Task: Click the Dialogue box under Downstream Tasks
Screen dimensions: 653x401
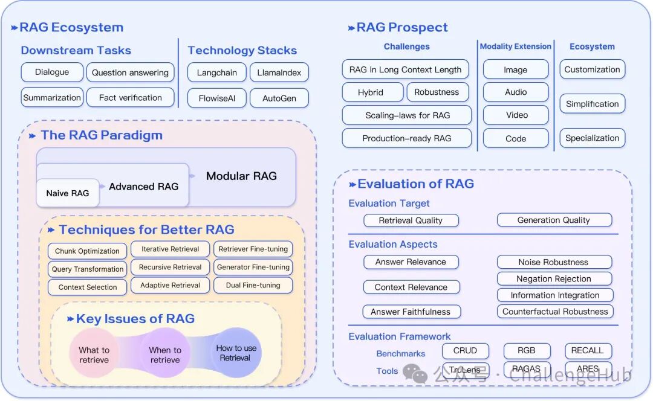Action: pos(52,72)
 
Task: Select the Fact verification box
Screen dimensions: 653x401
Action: pos(131,98)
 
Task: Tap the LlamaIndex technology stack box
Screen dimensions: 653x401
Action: pos(279,73)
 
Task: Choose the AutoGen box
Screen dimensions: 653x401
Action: pos(279,98)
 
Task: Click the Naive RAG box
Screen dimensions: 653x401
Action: pos(68,193)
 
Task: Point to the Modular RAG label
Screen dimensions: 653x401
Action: pos(241,176)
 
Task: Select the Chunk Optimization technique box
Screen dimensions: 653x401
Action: pos(88,251)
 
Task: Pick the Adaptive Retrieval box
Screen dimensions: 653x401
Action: pos(170,286)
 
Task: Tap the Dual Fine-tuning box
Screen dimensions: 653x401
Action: pos(253,286)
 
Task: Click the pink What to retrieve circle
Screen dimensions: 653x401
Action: pos(94,353)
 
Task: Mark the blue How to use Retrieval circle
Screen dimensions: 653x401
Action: pos(236,353)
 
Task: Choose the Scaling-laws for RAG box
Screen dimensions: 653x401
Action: pos(407,115)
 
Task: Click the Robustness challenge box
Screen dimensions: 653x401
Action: pos(437,92)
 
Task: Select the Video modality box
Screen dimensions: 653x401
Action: pos(516,115)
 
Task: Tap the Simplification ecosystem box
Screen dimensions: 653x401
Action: pos(592,104)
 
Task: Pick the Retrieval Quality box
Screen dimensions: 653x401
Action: pos(411,220)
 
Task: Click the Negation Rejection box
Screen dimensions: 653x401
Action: pos(554,278)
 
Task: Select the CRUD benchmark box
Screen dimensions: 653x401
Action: pos(465,351)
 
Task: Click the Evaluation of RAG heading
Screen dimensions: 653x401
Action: pos(415,184)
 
